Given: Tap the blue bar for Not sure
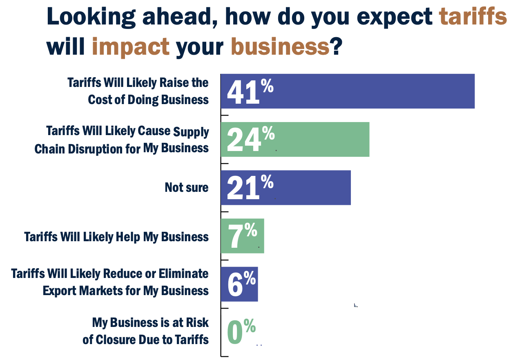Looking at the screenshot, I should pyautogui.click(x=310, y=187).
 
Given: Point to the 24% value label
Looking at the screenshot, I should pyautogui.click(x=250, y=139).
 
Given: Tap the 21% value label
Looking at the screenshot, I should pyautogui.click(x=249, y=187).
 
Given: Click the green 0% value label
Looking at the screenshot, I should pyautogui.click(x=241, y=331).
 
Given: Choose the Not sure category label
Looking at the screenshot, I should pyautogui.click(x=186, y=187).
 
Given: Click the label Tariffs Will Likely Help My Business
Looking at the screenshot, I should pyautogui.click(x=116, y=237).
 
